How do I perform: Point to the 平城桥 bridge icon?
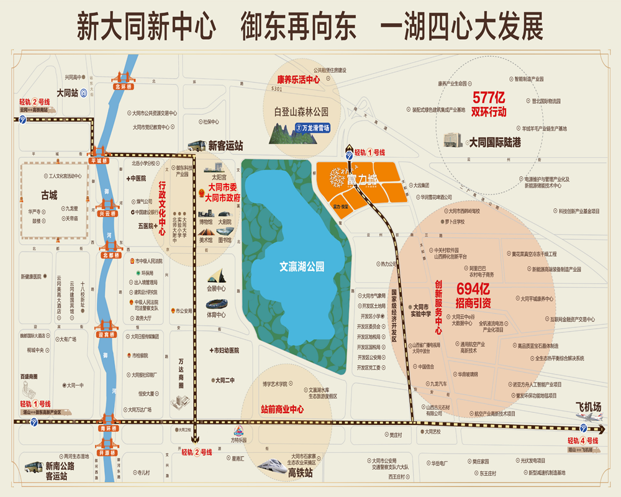pos(99,152)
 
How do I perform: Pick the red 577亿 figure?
pos(489,98)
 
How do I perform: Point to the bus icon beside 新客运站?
pos(196,146)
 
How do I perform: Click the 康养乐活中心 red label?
pos(298,80)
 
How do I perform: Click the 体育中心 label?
pos(216,315)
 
